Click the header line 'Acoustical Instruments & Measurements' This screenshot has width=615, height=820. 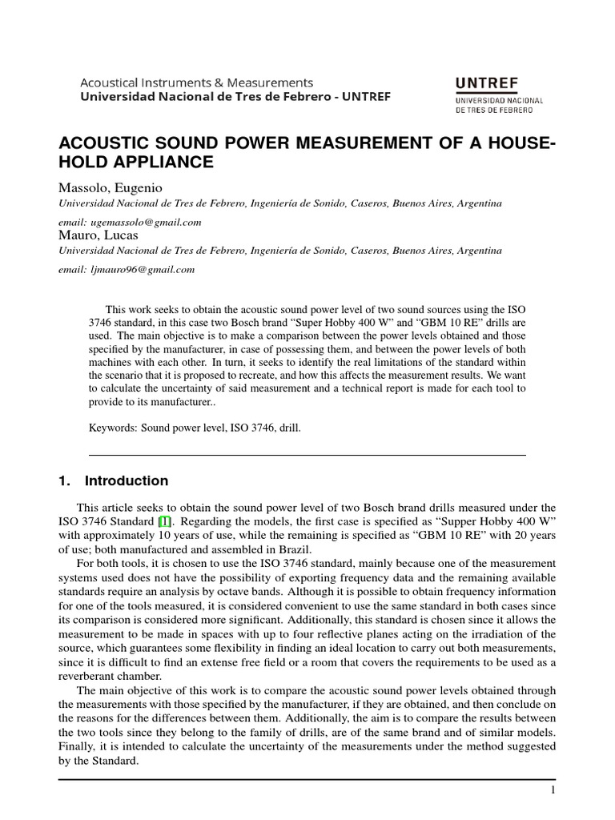point(196,82)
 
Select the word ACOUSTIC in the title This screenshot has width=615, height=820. point(100,143)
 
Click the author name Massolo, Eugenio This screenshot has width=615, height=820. point(111,188)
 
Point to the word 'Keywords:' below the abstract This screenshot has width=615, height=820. point(114,428)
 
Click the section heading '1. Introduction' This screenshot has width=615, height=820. point(114,481)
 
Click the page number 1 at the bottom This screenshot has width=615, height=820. point(553,790)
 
